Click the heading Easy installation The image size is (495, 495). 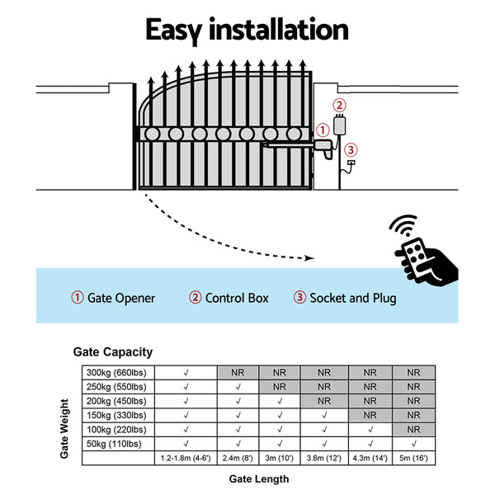coord(247,30)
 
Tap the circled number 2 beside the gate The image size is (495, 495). coord(340,106)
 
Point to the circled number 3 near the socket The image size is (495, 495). coord(351,149)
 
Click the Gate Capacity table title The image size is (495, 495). coord(113,352)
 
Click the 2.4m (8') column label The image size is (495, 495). coord(238,458)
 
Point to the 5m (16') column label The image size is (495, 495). coord(413,458)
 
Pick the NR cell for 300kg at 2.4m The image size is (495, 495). coord(238,372)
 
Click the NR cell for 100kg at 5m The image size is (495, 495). coord(413,429)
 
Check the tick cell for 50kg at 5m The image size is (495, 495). coord(413,443)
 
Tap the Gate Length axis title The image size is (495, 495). coord(258,478)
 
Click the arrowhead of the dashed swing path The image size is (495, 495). coord(310,257)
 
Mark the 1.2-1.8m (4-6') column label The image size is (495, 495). coord(186,458)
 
